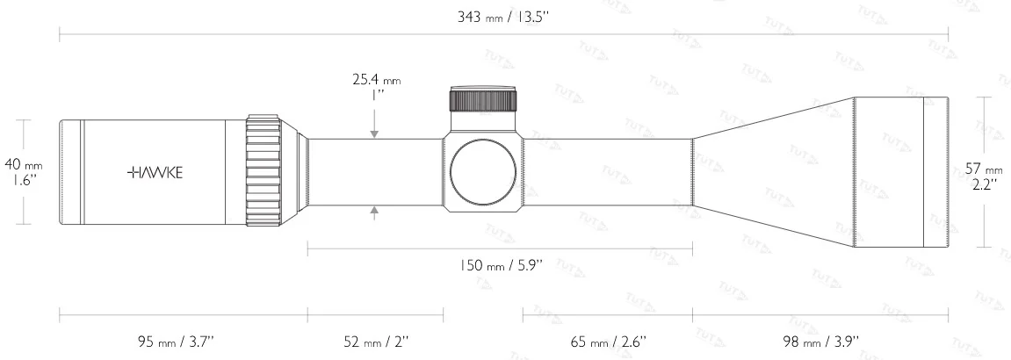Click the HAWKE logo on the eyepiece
click(155, 172)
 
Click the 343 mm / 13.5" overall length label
click(504, 17)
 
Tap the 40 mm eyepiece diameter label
click(23, 164)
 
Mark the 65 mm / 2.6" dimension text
click(609, 342)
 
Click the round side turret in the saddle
click(483, 172)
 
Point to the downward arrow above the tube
click(375, 133)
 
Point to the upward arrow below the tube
click(375, 210)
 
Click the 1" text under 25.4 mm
click(375, 95)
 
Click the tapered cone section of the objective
click(773, 172)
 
